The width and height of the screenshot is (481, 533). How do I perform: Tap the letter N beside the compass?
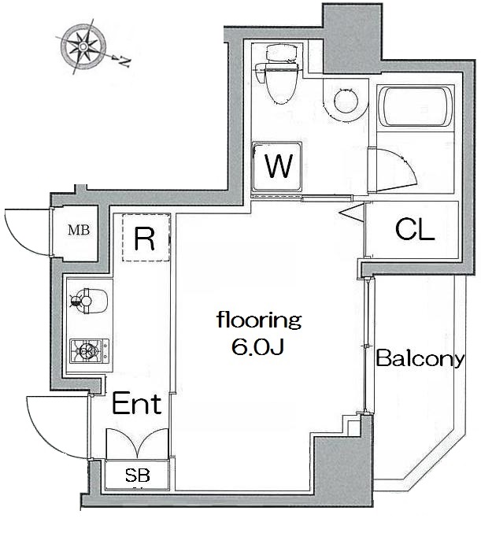(x=123, y=58)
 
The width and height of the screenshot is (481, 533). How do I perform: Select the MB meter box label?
(x=78, y=231)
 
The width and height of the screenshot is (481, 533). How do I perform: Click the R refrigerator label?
(x=144, y=239)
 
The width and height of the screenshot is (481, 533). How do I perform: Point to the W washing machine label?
(x=278, y=166)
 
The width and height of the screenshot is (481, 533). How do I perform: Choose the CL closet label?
(x=413, y=230)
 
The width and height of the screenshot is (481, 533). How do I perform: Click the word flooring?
(x=260, y=320)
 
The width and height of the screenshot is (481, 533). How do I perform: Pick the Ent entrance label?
(x=136, y=405)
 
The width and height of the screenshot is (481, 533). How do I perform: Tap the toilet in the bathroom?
(x=280, y=77)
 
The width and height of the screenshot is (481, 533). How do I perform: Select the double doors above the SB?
(x=137, y=443)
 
